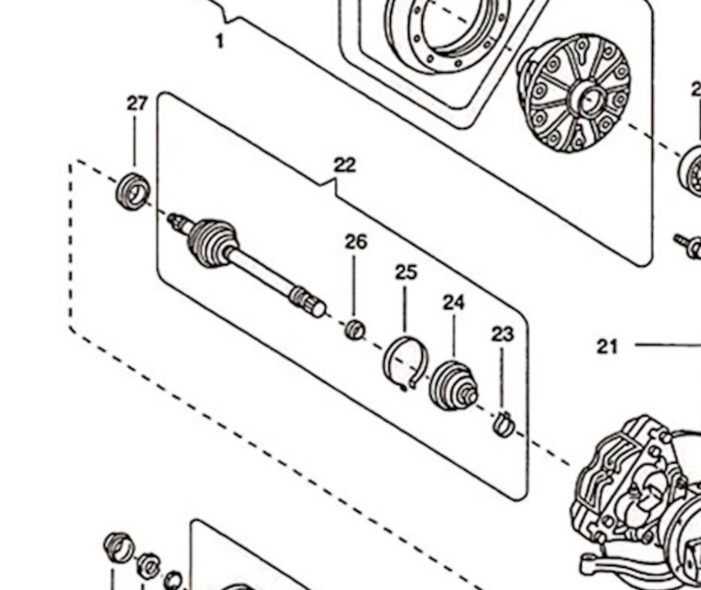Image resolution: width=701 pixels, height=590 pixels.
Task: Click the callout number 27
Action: pos(137,103)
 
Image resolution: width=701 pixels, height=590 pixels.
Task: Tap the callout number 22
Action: pos(345,165)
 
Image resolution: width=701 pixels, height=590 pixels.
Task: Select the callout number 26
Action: pos(356,242)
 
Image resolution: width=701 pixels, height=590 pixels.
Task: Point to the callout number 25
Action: pos(406,273)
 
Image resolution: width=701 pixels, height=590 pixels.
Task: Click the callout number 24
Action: pos(454,303)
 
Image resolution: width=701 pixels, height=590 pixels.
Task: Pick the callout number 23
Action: pos(502,334)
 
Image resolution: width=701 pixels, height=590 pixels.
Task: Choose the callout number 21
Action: pos(607,346)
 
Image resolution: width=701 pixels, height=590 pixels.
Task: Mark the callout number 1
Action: pos(220,42)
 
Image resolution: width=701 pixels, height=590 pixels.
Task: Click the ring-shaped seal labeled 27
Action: pos(133,190)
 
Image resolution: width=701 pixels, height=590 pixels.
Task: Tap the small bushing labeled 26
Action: pos(356,330)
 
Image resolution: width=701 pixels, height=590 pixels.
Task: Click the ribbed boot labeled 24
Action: pos(452,385)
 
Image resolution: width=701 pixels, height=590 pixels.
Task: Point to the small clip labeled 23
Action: pos(503,424)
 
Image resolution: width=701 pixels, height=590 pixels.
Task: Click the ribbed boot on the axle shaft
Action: pos(212,242)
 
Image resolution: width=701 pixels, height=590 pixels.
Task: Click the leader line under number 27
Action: pos(135,143)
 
